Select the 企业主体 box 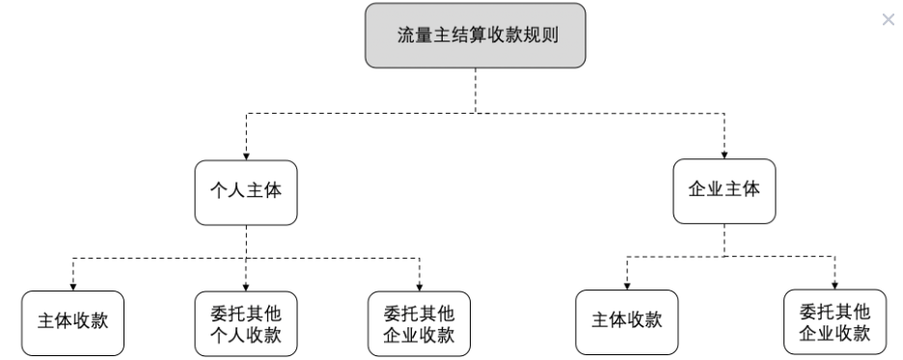click(x=724, y=190)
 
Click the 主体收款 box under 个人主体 click(x=73, y=321)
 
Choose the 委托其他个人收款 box click(x=246, y=322)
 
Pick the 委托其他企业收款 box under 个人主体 click(x=420, y=322)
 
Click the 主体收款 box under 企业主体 click(x=627, y=321)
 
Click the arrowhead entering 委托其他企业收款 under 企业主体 click(x=835, y=286)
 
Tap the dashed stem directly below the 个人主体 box click(x=246, y=241)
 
